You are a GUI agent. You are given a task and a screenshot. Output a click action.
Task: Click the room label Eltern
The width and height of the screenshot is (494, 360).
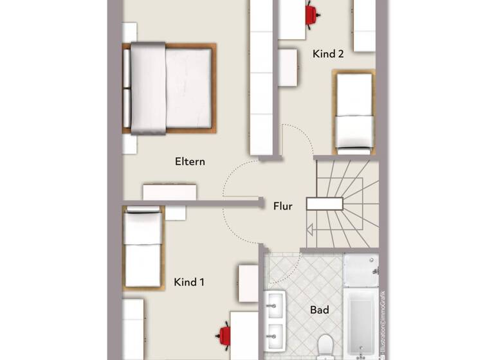tap(190, 161)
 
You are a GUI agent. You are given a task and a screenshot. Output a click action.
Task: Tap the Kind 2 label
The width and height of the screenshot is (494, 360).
tap(328, 54)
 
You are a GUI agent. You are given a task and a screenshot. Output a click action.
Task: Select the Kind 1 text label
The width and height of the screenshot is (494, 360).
tap(189, 282)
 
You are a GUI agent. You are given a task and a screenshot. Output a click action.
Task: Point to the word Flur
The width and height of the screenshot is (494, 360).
tap(283, 206)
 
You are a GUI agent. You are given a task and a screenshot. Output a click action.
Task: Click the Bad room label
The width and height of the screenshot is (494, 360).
tap(320, 310)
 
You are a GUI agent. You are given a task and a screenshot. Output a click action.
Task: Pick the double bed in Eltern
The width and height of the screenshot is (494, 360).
tap(170, 88)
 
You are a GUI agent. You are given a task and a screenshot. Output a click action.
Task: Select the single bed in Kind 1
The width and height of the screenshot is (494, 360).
tap(142, 248)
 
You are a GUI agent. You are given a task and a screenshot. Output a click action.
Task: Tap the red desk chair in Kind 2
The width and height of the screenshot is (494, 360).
tap(312, 14)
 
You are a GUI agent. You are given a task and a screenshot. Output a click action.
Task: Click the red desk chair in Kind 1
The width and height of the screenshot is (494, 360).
tap(224, 334)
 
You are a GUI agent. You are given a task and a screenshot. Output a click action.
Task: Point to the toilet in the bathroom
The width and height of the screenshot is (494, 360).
tap(324, 346)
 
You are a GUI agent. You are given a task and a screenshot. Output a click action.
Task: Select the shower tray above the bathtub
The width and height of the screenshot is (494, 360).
tap(361, 270)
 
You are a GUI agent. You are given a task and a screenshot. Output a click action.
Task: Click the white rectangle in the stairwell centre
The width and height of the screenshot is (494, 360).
tap(324, 204)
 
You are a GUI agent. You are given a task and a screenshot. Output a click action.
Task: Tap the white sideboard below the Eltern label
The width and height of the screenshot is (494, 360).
tap(170, 192)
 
